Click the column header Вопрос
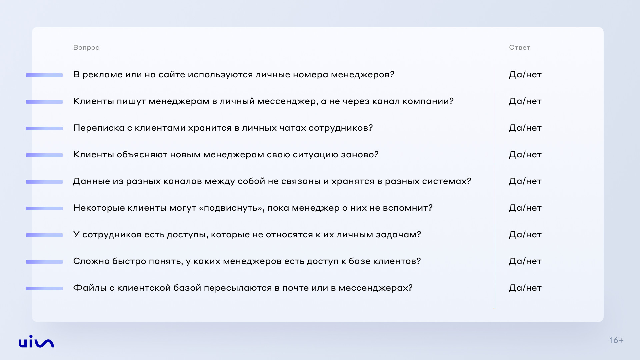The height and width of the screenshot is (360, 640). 86,47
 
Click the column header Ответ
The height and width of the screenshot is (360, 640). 519,47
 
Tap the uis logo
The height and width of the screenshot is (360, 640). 36,341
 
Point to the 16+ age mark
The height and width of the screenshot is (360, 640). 616,340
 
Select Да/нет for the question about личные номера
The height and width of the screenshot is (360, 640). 525,75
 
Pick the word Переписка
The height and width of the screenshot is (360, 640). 99,128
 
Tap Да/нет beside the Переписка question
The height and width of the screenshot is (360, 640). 525,128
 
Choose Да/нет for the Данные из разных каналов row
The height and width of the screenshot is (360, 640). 525,181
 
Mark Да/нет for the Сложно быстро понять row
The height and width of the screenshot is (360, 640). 525,261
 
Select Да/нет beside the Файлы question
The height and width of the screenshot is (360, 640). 525,288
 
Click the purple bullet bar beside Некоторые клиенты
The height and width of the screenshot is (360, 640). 44,208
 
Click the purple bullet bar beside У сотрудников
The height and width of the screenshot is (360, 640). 44,235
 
